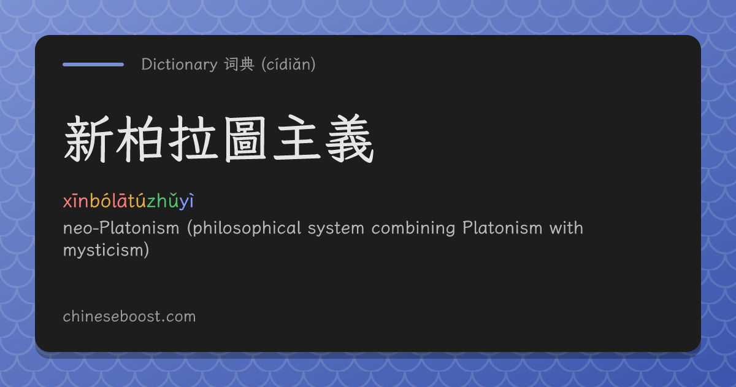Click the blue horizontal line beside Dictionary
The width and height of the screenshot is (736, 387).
93,64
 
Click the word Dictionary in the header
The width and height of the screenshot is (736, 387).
179,64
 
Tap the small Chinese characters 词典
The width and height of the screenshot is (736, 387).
240,64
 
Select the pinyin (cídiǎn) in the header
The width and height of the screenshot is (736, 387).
288,64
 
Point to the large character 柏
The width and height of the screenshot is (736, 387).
140,139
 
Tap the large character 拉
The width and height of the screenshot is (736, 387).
193,139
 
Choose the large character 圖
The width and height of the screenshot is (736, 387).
245,139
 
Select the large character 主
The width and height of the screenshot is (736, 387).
297,138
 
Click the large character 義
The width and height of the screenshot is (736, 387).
350,139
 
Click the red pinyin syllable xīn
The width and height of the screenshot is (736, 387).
76,201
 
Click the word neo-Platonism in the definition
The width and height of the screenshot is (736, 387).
121,228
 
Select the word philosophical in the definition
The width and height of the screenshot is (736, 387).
244,229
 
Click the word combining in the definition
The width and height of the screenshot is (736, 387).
413,229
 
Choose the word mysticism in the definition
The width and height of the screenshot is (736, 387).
102,251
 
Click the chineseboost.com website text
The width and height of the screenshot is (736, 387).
129,316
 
